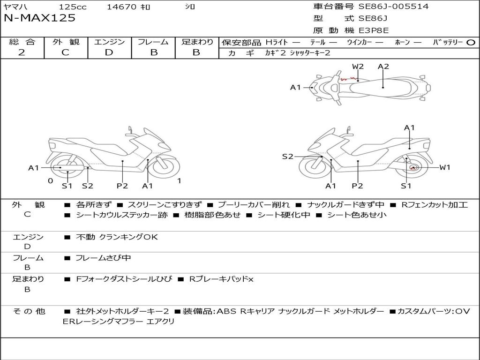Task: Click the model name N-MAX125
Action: pos(40,18)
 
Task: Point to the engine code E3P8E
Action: pos(374,30)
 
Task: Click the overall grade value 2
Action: pos(22,52)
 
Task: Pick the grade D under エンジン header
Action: pos(109,52)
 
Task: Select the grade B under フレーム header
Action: pos(154,52)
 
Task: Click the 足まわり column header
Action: pos(197,42)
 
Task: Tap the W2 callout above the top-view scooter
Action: pos(358,66)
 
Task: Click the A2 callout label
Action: pos(383,66)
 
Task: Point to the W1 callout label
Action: pos(444,167)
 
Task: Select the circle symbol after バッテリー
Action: pos(471,42)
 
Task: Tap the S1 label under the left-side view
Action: pos(67,186)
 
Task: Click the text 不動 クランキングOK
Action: pos(117,237)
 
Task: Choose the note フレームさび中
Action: pos(103,258)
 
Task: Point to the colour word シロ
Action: pos(189,7)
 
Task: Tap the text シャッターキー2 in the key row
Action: pos(310,52)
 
